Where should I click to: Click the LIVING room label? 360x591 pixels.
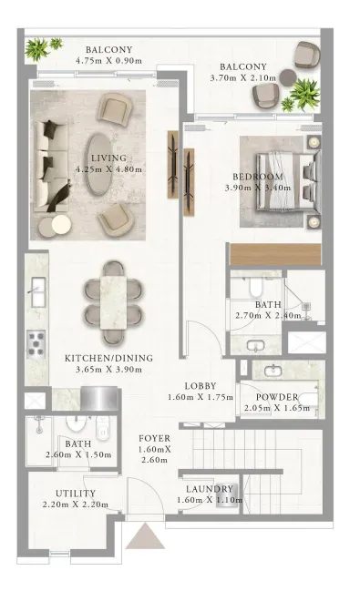tap(108, 158)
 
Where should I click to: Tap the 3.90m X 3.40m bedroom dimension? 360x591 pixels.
tap(258, 188)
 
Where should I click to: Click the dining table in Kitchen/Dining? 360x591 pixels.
tap(114, 302)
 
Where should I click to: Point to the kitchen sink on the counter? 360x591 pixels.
tap(38, 292)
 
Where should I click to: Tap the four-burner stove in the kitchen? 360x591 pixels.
tap(36, 344)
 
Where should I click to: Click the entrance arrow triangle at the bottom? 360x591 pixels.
tap(145, 535)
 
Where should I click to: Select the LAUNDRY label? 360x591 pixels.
tap(210, 489)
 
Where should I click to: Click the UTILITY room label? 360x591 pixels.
tap(76, 494)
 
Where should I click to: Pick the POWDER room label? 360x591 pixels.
tap(277, 397)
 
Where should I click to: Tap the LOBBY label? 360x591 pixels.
tap(201, 386)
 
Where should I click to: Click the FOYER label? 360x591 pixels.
tap(154, 438)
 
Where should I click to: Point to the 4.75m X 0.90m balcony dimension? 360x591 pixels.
tap(108, 60)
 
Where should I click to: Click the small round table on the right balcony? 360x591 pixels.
tap(289, 76)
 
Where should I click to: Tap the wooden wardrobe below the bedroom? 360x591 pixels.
tap(275, 254)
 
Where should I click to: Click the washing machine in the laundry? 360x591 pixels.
tap(227, 494)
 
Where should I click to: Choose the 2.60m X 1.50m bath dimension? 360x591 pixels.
tap(78, 454)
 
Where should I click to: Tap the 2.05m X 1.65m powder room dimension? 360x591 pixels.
tap(276, 408)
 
